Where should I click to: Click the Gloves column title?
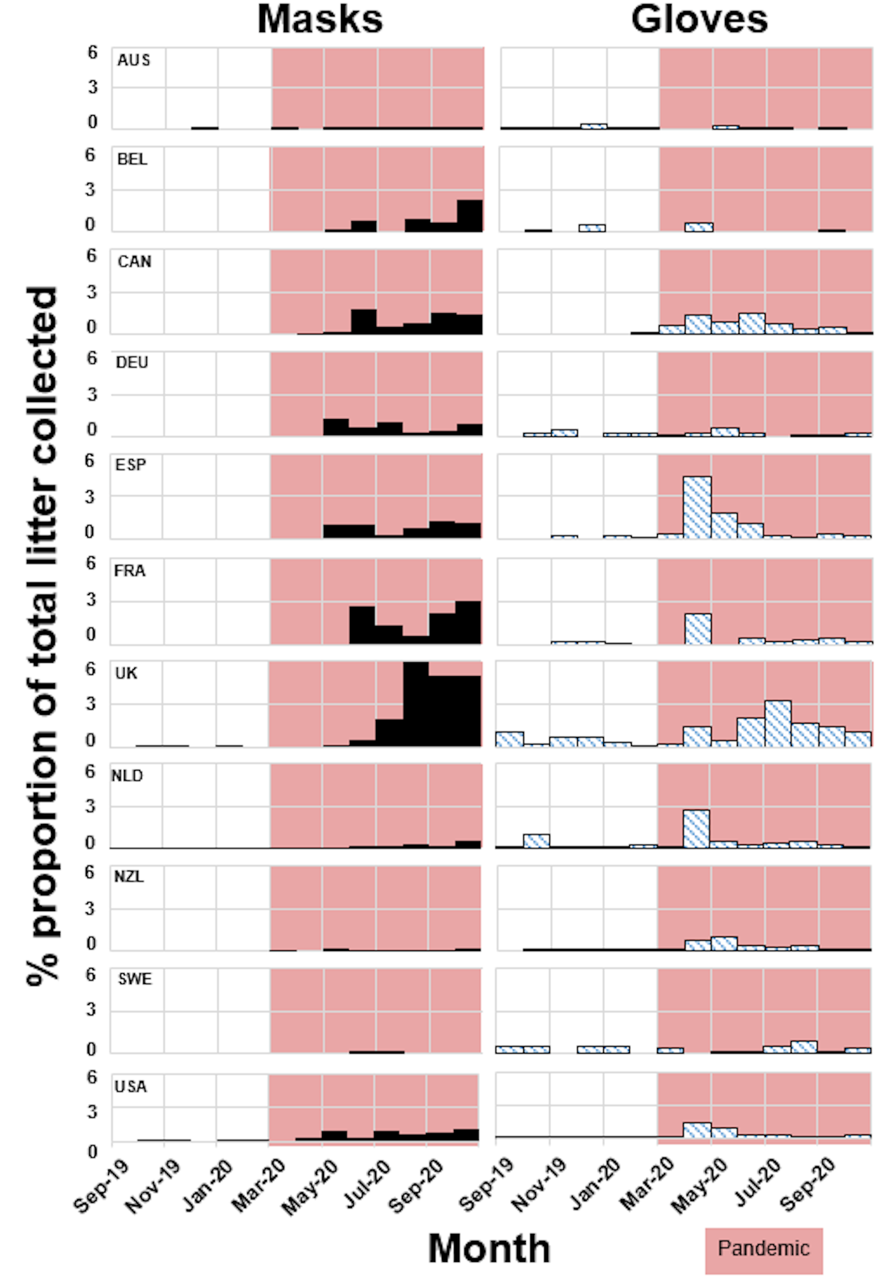[699, 20]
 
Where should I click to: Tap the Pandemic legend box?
[763, 1248]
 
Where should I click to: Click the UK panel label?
[126, 673]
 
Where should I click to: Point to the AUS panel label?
[134, 60]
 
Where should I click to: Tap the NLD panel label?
[128, 776]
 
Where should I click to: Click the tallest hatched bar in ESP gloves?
[697, 507]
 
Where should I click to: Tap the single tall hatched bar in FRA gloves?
[697, 628]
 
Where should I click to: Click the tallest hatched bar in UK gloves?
[778, 724]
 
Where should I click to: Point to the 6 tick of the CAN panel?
[91, 256]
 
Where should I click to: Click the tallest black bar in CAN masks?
[363, 321]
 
